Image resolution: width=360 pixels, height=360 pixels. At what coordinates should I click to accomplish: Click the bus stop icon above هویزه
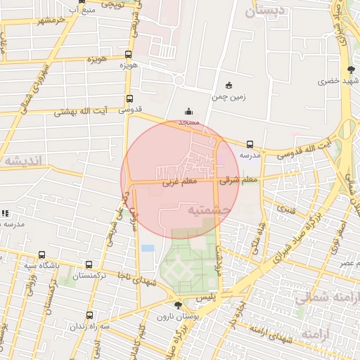[128, 54]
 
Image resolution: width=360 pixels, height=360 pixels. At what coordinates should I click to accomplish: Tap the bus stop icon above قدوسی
[129, 99]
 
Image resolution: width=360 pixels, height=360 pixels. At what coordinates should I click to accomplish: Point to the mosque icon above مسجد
[188, 111]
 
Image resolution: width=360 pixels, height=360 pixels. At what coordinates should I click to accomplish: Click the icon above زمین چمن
[230, 84]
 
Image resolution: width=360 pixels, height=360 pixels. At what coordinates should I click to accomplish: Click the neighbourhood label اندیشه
[22, 161]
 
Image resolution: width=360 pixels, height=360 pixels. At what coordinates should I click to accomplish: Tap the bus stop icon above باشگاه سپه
[42, 255]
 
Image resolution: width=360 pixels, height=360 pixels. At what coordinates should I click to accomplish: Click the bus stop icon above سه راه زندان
[89, 316]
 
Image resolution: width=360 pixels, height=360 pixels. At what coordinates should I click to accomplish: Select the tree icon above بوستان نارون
[177, 305]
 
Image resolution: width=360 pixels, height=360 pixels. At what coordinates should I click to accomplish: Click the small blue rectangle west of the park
[148, 248]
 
